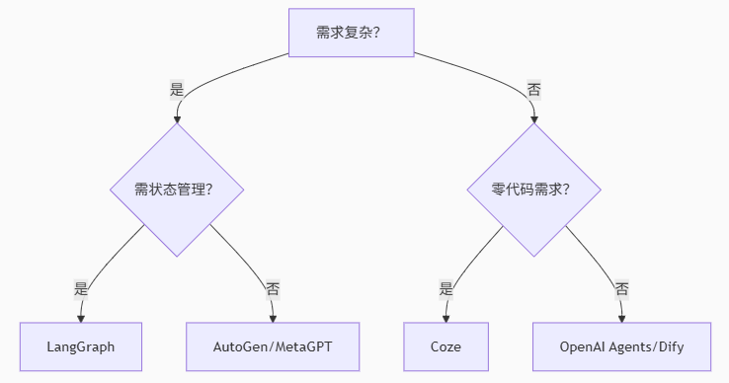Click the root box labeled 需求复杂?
(350, 33)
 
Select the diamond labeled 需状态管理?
(176, 190)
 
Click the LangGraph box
(81, 346)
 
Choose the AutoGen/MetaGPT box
(273, 346)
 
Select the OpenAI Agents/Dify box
(621, 346)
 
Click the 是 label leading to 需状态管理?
(177, 89)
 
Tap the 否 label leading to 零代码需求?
(533, 89)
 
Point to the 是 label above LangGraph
(81, 289)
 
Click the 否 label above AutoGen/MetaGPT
(272, 289)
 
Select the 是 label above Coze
(445, 289)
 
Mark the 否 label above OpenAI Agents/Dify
(621, 289)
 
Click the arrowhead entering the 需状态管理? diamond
(177, 118)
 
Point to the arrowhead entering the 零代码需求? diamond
(533, 118)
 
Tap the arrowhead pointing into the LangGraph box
(81, 318)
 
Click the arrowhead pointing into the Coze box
(445, 318)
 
